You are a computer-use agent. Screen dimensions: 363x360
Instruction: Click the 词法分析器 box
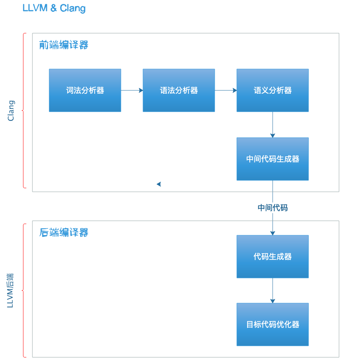click(x=85, y=90)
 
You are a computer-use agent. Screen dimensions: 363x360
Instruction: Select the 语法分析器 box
click(x=179, y=90)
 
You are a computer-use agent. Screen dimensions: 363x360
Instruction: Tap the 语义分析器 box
click(x=273, y=90)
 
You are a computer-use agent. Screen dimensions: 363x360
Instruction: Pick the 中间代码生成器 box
click(x=273, y=159)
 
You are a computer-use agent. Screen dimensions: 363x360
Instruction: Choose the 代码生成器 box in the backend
click(x=273, y=257)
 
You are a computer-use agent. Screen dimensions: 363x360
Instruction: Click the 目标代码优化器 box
click(x=273, y=324)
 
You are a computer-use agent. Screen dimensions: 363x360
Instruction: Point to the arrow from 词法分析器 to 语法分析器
click(x=132, y=90)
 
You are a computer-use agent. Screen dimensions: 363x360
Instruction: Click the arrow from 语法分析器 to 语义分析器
click(x=225, y=90)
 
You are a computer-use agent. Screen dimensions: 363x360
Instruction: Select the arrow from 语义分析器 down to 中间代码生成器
click(x=273, y=124)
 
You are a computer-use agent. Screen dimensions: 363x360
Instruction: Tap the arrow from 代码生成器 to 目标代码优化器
click(x=273, y=290)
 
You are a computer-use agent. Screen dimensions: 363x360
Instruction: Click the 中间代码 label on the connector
click(x=273, y=208)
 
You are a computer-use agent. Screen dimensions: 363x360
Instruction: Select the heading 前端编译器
click(x=64, y=45)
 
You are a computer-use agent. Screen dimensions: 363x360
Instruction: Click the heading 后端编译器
click(x=64, y=232)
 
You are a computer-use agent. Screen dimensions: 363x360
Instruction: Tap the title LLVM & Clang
click(x=54, y=8)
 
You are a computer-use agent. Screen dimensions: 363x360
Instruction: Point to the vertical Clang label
click(x=11, y=111)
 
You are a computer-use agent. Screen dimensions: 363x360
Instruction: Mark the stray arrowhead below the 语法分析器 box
click(x=159, y=184)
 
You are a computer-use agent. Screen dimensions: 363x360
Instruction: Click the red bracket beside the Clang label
click(x=24, y=111)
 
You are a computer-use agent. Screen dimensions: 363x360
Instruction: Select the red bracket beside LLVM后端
click(x=24, y=291)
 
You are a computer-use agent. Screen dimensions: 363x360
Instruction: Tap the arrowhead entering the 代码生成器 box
click(x=273, y=233)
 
